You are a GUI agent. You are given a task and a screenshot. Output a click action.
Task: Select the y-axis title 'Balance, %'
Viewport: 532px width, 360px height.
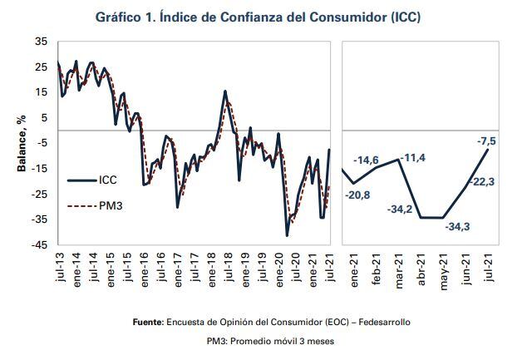[22, 142]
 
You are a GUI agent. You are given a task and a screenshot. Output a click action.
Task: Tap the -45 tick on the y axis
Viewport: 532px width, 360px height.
[40, 244]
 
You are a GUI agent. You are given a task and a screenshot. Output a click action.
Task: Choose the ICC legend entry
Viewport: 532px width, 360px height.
[110, 180]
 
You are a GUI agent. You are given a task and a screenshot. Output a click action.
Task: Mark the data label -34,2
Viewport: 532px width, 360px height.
[401, 208]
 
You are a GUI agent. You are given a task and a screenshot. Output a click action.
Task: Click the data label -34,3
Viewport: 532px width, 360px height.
[458, 226]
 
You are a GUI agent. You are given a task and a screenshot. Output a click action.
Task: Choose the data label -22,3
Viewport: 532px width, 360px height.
[481, 181]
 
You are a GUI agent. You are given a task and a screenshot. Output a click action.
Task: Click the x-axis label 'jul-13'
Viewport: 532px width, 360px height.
[60, 268]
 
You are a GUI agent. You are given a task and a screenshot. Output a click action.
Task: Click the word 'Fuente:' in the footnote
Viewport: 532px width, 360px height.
[149, 321]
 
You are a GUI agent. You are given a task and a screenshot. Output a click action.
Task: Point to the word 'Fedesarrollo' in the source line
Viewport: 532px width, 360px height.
[382, 321]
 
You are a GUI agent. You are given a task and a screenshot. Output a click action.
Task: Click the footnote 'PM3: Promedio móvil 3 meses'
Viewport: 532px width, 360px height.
[265, 341]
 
